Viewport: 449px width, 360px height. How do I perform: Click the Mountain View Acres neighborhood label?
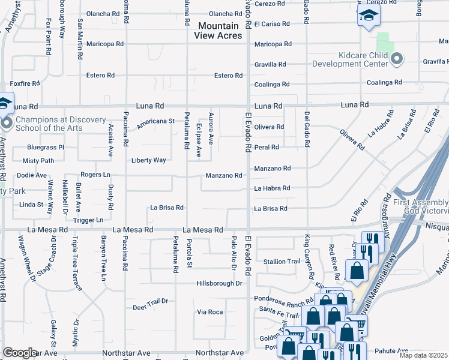218,31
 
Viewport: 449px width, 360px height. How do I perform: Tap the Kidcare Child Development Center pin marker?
396,59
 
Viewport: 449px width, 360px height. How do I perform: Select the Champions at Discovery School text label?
61,124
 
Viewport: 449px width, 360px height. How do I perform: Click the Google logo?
20,353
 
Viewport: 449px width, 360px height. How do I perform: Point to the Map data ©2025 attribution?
424,355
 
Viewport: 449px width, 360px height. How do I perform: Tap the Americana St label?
155,121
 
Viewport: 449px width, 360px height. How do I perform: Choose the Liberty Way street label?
149,160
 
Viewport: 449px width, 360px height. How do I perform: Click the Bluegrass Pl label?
46,147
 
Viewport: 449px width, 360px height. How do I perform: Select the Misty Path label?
38,161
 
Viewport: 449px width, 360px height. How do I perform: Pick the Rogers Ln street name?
96,175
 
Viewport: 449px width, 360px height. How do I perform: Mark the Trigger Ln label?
88,220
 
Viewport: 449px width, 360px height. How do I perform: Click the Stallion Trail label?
282,262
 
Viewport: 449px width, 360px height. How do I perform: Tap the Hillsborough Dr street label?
219,283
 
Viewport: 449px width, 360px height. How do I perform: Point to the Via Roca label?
210,312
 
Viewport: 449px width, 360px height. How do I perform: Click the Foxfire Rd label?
24,84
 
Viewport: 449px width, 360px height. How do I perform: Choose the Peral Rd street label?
267,147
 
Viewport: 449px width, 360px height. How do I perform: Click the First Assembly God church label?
421,207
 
